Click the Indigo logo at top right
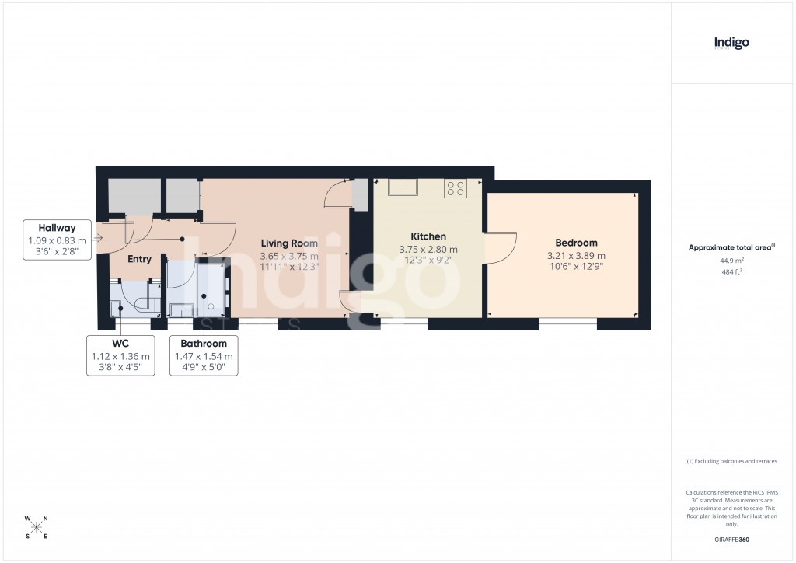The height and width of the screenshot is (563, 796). (731, 44)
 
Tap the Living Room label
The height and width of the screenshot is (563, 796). (289, 243)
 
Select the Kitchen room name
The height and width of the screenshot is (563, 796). (428, 236)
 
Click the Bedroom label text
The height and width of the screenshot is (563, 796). (576, 243)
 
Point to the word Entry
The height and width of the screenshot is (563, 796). (139, 259)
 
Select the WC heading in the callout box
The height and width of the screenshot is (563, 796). (120, 343)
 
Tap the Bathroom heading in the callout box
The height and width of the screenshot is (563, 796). (204, 343)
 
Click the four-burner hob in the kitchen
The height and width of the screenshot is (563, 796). (455, 187)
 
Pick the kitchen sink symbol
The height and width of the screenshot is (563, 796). (404, 187)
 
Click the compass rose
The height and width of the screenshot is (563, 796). (37, 527)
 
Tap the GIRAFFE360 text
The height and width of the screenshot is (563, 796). (731, 540)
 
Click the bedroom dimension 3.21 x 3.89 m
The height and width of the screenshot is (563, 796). (576, 255)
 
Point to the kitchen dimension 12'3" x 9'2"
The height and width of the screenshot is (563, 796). (428, 261)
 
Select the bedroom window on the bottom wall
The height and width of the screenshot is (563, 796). (568, 324)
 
